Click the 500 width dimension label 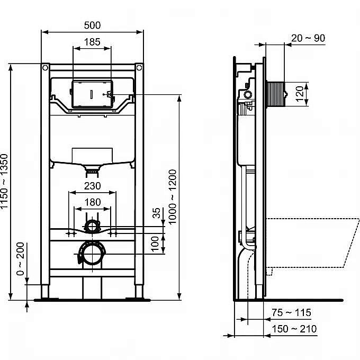(x=92, y=25)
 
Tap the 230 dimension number (x=92, y=186)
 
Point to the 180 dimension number (x=92, y=202)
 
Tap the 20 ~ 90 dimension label (x=308, y=38)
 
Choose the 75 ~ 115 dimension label (x=292, y=313)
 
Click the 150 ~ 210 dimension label (x=294, y=329)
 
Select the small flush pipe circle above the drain (x=92, y=226)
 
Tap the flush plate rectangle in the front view (x=92, y=93)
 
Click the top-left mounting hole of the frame (x=46, y=68)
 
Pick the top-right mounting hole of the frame (x=139, y=68)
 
